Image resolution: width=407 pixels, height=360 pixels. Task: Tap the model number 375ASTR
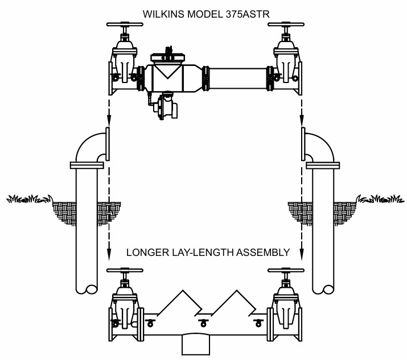pyautogui.click(x=248, y=14)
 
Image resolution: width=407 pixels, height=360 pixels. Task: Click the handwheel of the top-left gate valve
pyautogui.click(x=125, y=24)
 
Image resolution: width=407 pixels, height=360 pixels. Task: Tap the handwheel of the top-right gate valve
pyautogui.click(x=286, y=24)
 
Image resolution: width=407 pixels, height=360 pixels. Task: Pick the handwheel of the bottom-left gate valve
pyautogui.click(x=125, y=270)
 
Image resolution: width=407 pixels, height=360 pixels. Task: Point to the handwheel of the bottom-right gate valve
pyautogui.click(x=286, y=270)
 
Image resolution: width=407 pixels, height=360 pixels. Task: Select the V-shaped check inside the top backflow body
pyautogui.click(x=168, y=71)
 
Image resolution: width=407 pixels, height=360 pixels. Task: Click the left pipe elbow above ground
pyautogui.click(x=88, y=148)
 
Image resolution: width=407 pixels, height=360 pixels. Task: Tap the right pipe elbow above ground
pyautogui.click(x=322, y=148)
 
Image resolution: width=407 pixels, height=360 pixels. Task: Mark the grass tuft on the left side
pyautogui.click(x=29, y=199)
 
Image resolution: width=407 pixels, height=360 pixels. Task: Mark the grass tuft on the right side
pyautogui.click(x=380, y=199)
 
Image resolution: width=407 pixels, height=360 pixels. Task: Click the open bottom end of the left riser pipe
pyautogui.click(x=91, y=289)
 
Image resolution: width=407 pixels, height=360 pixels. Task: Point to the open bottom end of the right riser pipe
pyautogui.click(x=328, y=289)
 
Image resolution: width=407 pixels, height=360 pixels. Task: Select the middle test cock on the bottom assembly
pyautogui.click(x=203, y=323)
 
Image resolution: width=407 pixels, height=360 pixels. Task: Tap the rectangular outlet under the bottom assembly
pyautogui.click(x=195, y=344)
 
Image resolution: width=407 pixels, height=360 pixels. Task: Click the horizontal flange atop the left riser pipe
pyautogui.click(x=87, y=165)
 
